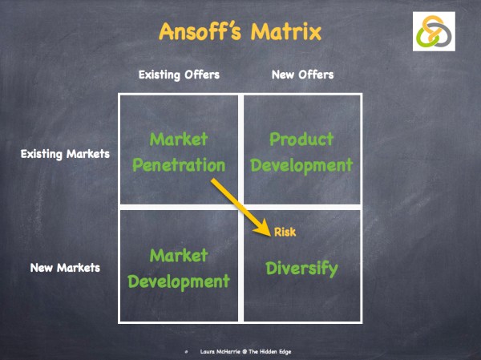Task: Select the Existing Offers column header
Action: coord(179,75)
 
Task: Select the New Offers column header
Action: coord(303,75)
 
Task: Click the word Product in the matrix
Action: coord(301,140)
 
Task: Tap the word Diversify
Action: coord(301,269)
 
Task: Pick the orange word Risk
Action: coord(285,233)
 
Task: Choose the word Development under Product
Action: coord(301,166)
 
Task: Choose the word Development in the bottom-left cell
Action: coord(179,282)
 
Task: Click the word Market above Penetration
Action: coord(179,140)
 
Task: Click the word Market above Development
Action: coord(179,255)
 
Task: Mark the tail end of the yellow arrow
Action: coord(213,183)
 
